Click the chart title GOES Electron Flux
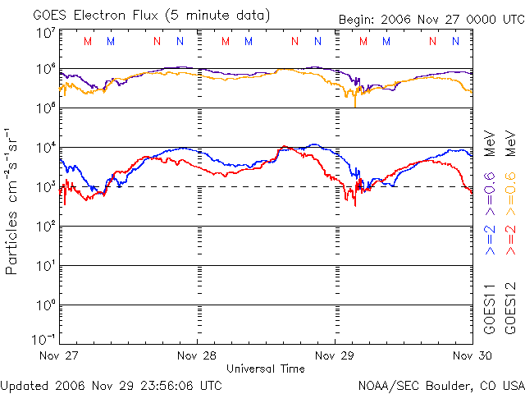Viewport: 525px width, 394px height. click(x=95, y=16)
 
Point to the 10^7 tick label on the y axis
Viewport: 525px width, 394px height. click(x=46, y=33)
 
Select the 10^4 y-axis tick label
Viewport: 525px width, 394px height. click(x=46, y=147)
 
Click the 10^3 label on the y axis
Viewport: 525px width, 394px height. click(x=46, y=186)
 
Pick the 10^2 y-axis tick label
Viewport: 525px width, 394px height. click(x=46, y=227)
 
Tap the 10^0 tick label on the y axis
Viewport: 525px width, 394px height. click(x=46, y=305)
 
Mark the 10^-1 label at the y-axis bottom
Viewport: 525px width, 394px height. click(x=44, y=339)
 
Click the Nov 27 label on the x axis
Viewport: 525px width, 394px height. click(x=58, y=355)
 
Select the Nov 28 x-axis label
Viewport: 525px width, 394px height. click(x=197, y=355)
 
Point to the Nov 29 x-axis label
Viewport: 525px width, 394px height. click(x=335, y=355)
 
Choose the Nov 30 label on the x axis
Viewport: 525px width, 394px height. click(x=472, y=355)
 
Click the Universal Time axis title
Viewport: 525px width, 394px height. click(x=266, y=369)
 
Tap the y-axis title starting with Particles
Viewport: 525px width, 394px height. click(x=11, y=202)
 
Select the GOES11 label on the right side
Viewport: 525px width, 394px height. click(x=490, y=309)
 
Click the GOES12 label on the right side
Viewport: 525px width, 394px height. click(x=510, y=309)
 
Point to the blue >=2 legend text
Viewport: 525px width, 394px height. click(x=490, y=240)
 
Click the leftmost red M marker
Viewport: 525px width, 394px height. click(x=88, y=41)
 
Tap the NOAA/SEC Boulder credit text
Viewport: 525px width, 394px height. click(x=441, y=386)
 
